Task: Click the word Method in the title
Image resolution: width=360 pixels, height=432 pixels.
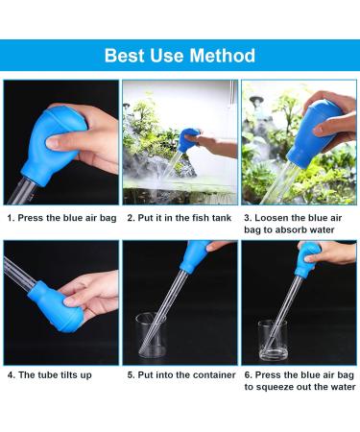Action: click(222, 56)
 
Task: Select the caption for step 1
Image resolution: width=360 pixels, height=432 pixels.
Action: click(61, 218)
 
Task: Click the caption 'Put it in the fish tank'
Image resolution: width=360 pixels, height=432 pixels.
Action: click(180, 218)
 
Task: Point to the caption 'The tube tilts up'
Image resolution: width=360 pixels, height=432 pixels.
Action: click(50, 374)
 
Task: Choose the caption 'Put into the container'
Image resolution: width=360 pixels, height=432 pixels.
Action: click(181, 374)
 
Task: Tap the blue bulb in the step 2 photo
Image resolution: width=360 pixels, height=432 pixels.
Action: click(189, 140)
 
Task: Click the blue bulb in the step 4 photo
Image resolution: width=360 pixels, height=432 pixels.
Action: click(53, 305)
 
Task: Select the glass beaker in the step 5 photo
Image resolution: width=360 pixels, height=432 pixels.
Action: click(151, 336)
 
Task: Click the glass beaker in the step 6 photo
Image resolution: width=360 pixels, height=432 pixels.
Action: click(273, 340)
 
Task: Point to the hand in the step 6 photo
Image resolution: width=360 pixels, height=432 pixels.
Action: click(329, 252)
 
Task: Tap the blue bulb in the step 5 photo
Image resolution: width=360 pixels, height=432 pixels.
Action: click(195, 255)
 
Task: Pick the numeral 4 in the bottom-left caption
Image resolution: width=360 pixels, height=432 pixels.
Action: click(11, 374)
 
